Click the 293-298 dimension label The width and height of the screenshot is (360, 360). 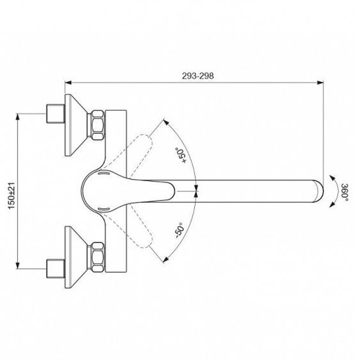[x=198, y=76]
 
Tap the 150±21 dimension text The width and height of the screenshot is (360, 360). [x=12, y=196]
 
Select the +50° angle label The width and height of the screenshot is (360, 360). [x=181, y=155]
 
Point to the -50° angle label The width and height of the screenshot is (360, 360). [x=179, y=230]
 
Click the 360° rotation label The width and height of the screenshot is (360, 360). [x=344, y=193]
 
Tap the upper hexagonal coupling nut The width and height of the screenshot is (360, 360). [x=96, y=125]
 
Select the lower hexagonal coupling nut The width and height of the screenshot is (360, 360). [x=96, y=257]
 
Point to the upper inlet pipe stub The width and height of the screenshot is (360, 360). [x=56, y=114]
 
